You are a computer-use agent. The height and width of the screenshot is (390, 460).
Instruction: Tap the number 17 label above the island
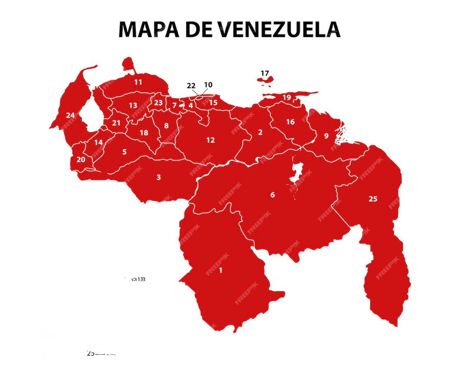264,73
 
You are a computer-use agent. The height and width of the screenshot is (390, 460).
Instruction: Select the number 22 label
191,85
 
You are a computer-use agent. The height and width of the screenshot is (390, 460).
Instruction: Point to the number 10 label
208,85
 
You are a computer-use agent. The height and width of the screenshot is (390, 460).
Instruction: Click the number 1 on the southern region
220,270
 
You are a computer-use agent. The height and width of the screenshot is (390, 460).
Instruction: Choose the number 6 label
272,195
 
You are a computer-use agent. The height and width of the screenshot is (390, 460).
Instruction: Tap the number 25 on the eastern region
373,199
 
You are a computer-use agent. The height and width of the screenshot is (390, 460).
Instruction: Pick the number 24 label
70,115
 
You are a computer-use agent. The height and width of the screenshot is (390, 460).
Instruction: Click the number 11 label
138,82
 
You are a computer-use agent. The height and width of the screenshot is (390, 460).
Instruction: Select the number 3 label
158,177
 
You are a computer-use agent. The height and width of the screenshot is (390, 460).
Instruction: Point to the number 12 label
211,140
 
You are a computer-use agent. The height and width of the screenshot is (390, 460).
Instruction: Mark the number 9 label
326,136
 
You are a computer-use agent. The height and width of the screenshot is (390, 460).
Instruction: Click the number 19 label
287,98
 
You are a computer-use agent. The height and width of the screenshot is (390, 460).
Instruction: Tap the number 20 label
81,159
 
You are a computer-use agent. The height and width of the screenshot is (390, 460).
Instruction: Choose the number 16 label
290,122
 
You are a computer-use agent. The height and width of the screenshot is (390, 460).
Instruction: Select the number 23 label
158,103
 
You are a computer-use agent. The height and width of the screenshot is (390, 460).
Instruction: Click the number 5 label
124,152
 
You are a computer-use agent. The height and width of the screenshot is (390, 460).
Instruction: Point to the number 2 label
260,132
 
